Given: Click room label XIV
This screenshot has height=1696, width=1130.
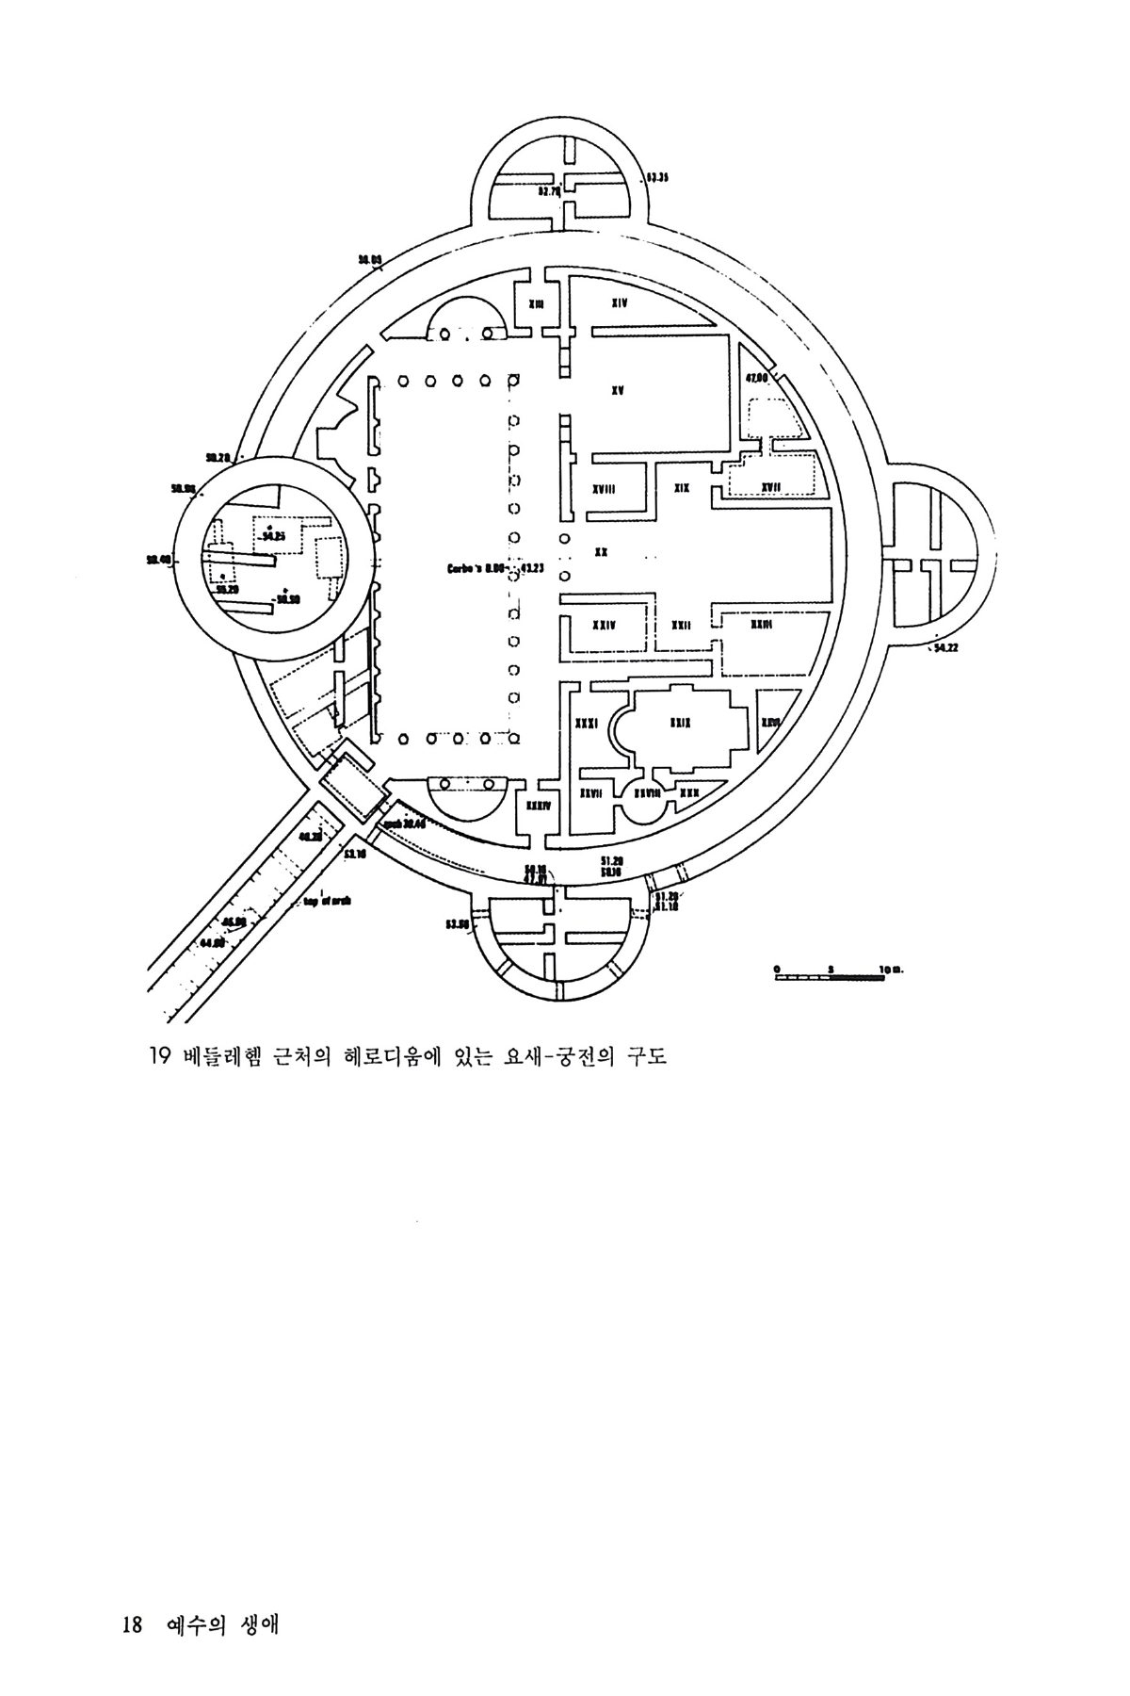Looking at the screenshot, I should (x=619, y=302).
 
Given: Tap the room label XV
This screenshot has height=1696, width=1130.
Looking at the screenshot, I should (x=618, y=388).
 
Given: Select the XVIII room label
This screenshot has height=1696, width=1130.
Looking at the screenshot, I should (x=604, y=489).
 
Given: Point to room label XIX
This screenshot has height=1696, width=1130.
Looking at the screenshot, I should (x=682, y=488).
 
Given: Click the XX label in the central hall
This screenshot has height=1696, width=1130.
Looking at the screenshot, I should (x=600, y=552).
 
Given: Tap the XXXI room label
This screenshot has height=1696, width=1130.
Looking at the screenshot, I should (x=587, y=723).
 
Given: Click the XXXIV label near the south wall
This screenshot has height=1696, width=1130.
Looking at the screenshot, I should (x=538, y=806).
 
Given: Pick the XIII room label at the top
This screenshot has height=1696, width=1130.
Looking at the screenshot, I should (x=536, y=303).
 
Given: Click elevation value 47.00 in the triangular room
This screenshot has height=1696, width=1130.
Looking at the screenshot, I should (x=757, y=377).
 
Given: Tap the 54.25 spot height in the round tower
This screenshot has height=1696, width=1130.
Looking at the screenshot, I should (x=273, y=535).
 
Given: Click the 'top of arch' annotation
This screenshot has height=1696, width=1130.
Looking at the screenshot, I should (x=327, y=900).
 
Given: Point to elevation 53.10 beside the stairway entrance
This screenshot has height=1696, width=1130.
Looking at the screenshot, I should (x=354, y=854).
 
